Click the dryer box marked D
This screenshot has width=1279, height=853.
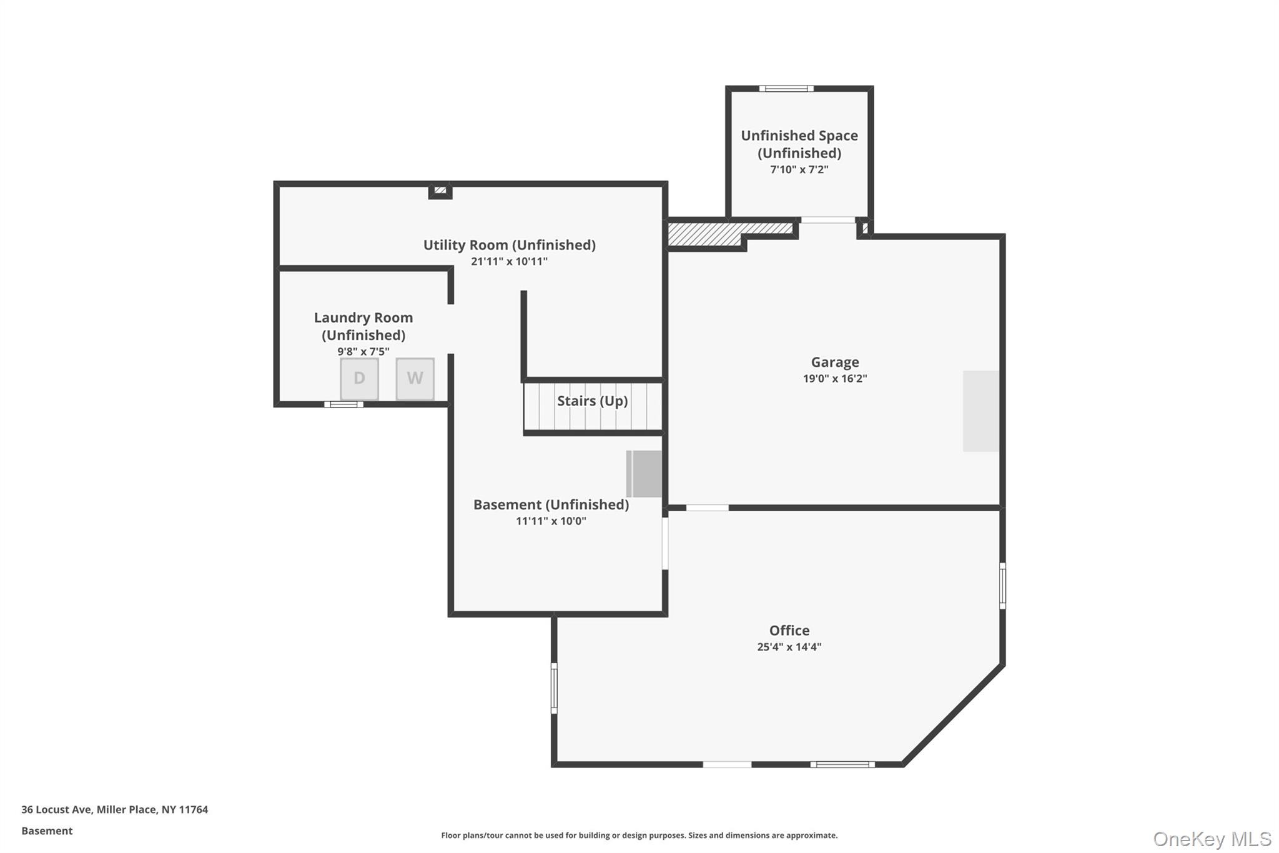[359, 378]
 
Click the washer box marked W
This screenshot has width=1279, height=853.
[415, 378]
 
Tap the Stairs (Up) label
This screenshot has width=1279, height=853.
[592, 401]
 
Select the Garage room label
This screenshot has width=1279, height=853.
[834, 362]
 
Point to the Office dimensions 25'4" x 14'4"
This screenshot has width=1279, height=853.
[789, 647]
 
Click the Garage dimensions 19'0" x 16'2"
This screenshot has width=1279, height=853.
[834, 378]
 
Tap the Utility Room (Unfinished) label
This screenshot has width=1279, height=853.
[509, 245]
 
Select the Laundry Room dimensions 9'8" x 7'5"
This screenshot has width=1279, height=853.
[363, 351]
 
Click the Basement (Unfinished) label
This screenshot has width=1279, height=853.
[551, 504]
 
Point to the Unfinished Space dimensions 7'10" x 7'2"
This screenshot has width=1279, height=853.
[799, 169]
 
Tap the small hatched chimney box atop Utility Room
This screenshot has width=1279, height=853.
[440, 190]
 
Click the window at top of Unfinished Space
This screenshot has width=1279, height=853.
[786, 89]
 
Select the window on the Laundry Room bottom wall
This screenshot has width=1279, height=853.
[343, 404]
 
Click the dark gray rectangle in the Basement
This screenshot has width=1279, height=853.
[644, 474]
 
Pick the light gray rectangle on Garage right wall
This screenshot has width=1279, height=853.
[980, 411]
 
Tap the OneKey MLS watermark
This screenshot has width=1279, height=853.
[1212, 839]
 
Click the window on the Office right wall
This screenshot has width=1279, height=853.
[1002, 586]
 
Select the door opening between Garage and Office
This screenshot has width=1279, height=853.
[707, 507]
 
